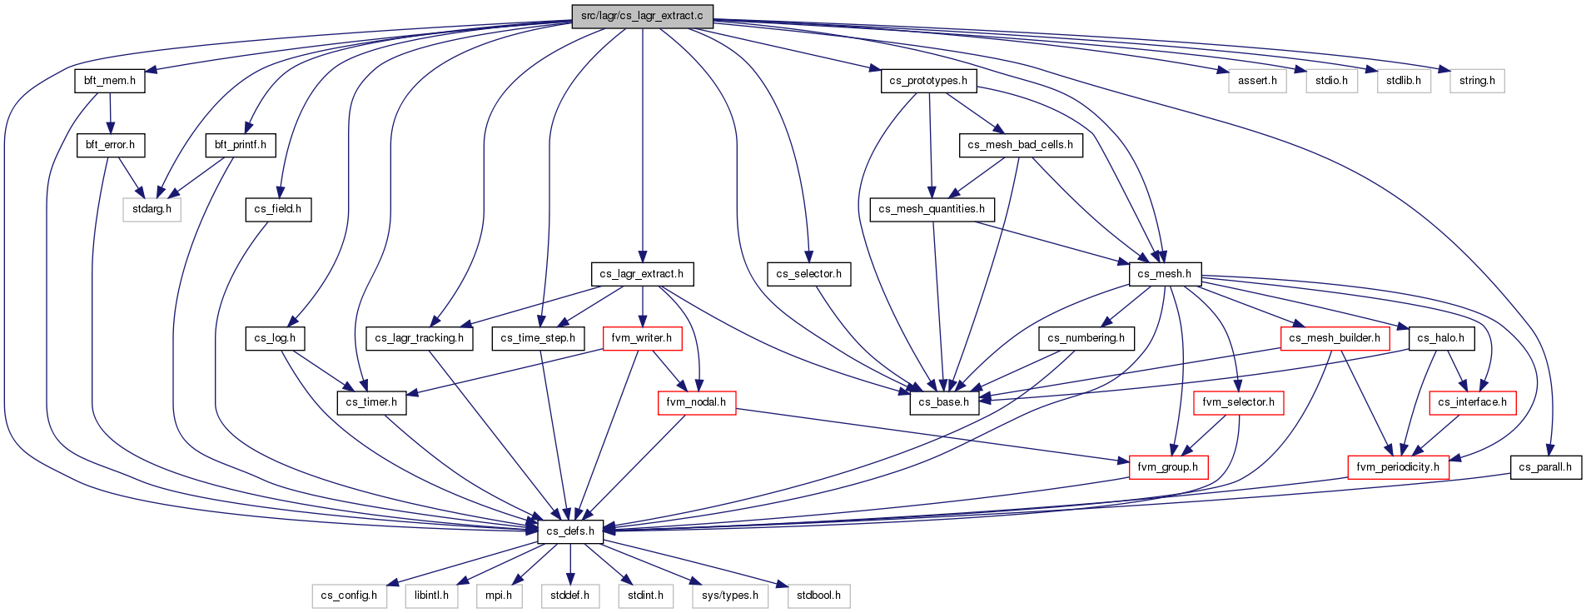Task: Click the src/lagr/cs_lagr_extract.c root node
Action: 642,16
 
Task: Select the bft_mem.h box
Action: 110,81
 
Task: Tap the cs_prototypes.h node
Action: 928,81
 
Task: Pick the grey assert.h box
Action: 1257,81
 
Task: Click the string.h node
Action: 1477,81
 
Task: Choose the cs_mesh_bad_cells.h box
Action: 1020,145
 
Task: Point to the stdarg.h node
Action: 152,209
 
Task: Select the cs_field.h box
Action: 278,209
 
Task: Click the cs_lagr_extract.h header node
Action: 641,274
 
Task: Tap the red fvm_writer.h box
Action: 641,338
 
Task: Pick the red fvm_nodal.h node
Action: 696,402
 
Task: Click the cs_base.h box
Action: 944,402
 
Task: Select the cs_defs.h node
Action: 570,531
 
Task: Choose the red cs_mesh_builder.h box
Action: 1335,338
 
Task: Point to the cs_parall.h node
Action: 1545,467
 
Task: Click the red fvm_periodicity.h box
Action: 1398,467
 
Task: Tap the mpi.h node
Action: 499,596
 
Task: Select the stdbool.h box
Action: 818,596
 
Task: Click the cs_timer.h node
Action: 371,402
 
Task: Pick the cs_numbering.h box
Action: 1086,338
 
